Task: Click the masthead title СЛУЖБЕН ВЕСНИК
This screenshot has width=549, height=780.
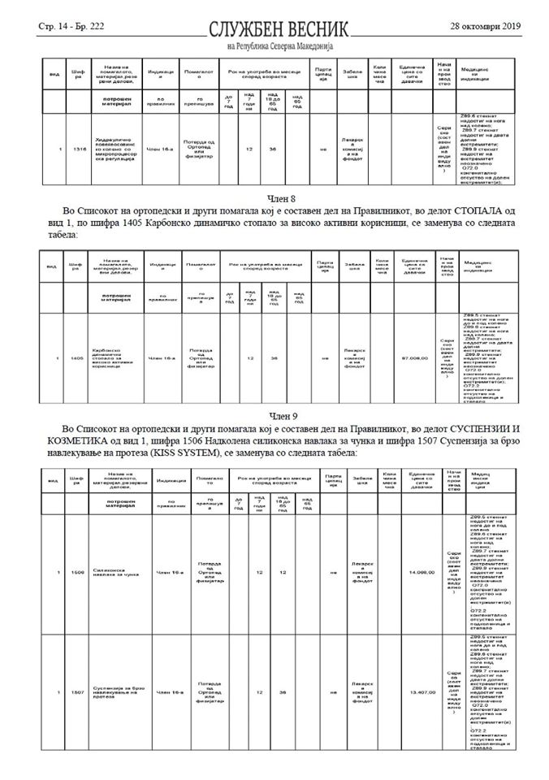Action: click(278, 28)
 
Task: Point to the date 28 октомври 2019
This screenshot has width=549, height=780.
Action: click(485, 26)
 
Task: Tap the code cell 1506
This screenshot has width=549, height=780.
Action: click(76, 574)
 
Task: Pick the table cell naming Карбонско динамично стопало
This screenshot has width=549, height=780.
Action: click(115, 357)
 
